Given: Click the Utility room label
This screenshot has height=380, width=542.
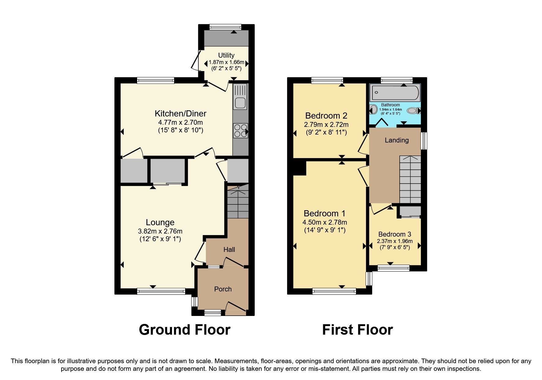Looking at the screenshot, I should coord(226,55).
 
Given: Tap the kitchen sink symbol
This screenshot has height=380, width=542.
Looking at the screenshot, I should coord(240,97).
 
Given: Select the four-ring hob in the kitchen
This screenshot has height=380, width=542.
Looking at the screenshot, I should coord(240,131).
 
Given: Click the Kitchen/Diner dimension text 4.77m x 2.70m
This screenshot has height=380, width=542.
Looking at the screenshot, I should coord(180,123).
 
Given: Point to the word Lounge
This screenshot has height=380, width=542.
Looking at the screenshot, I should coord(160,222).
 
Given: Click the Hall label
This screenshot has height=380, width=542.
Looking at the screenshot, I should coord(229,249).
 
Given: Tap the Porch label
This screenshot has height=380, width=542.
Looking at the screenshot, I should coord(223,289).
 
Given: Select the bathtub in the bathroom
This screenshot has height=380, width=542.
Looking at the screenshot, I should coord(394,93).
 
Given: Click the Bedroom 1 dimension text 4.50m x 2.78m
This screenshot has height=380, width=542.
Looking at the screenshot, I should coord(325,222).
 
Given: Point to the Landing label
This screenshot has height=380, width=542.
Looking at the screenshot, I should coord(397,140).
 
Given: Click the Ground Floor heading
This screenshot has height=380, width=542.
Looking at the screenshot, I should coord(185,330).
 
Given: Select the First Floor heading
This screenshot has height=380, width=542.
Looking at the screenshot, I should coord(357,330).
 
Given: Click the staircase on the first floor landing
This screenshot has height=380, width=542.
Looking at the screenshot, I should coord(410,179).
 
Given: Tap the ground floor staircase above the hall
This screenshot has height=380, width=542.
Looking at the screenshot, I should coord(238,202).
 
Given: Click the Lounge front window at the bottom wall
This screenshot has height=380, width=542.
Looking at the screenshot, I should coord(161,291).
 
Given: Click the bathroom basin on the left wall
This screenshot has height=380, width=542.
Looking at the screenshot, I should coord(373,109).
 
